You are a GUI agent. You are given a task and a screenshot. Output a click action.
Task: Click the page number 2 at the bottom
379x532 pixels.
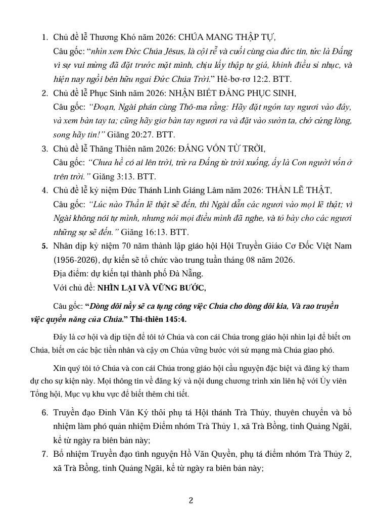(191, 501)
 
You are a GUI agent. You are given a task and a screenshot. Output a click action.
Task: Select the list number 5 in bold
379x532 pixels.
(44, 247)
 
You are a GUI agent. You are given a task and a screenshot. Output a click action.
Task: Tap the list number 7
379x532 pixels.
(44, 454)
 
